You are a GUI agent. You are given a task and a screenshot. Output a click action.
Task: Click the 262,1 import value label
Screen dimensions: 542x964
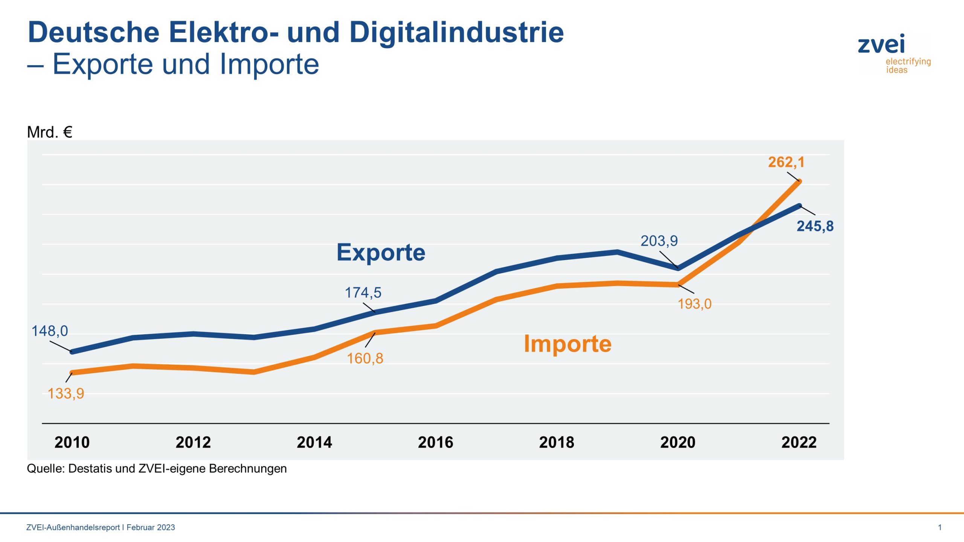[x=786, y=162]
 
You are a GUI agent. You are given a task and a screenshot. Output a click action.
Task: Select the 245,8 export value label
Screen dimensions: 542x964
[x=815, y=226]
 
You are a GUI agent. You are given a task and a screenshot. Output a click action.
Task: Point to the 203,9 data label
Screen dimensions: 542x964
[x=659, y=241]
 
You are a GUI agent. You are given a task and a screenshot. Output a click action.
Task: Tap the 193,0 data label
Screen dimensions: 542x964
[x=694, y=304]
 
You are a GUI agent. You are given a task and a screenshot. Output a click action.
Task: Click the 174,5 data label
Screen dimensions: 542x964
[x=363, y=292]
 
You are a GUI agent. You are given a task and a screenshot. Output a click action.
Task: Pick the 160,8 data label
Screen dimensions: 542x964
[x=365, y=358]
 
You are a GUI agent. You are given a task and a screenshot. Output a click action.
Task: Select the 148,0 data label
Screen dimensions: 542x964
[x=50, y=331]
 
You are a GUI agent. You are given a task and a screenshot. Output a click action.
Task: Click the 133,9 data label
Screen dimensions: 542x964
[x=66, y=394]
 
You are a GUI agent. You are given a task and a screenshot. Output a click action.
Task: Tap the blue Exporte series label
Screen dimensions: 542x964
[x=381, y=252]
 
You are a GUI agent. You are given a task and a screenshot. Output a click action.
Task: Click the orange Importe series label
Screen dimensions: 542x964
[x=567, y=344]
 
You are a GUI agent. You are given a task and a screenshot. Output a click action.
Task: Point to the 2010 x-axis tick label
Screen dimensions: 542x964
[x=72, y=442]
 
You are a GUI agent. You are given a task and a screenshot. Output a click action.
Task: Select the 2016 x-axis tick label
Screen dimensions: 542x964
[x=435, y=442]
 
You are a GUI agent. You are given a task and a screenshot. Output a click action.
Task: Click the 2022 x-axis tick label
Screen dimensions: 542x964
[x=799, y=442]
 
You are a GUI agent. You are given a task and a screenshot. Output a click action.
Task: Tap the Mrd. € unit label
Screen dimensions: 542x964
[x=49, y=132]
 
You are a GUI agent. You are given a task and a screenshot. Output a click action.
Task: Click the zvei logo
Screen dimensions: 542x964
[x=893, y=53]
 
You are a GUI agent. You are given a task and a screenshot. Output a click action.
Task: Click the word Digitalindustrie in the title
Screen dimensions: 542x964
[x=456, y=32]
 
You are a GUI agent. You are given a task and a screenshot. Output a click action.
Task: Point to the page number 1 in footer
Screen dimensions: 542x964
[x=940, y=527]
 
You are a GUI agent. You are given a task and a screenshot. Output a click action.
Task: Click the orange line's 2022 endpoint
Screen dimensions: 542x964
[x=799, y=182]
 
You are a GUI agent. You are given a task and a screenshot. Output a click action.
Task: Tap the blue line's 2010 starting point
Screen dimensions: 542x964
[x=72, y=352]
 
